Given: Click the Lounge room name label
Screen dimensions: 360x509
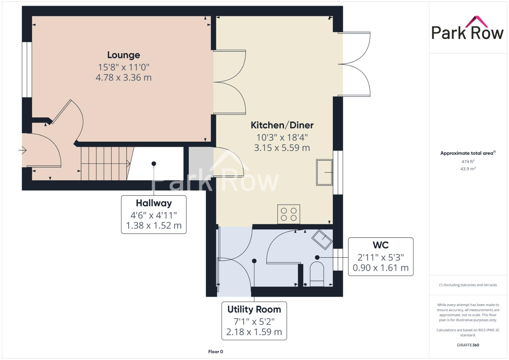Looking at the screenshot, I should pyautogui.click(x=123, y=55).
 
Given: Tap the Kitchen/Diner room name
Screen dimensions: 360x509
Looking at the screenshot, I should pyautogui.click(x=282, y=125).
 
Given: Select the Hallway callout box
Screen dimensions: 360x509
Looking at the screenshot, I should pyautogui.click(x=154, y=214).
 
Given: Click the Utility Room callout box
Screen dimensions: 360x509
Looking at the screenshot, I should pyautogui.click(x=254, y=321).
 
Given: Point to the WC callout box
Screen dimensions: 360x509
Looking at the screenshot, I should pyautogui.click(x=381, y=257).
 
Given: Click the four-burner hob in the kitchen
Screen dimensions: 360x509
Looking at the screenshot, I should pyautogui.click(x=289, y=214).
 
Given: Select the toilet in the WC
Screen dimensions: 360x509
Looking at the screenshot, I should pyautogui.click(x=317, y=274).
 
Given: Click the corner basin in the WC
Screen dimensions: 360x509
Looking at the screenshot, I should pyautogui.click(x=322, y=239).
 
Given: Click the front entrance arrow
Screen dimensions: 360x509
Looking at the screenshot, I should pyautogui.click(x=22, y=151).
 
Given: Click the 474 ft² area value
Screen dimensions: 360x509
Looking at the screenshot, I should pyautogui.click(x=468, y=162).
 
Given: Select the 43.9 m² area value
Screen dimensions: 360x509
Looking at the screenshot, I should pyautogui.click(x=468, y=169).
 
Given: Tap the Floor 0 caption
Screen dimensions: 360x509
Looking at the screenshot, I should pyautogui.click(x=215, y=352).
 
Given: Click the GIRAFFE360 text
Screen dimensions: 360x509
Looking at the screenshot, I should pyautogui.click(x=468, y=345).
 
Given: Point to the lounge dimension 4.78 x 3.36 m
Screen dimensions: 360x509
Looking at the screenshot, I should pyautogui.click(x=123, y=78).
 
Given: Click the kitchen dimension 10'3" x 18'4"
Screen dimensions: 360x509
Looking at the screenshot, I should pyautogui.click(x=282, y=137).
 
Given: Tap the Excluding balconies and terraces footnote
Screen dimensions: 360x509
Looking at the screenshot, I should pyautogui.click(x=468, y=285).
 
